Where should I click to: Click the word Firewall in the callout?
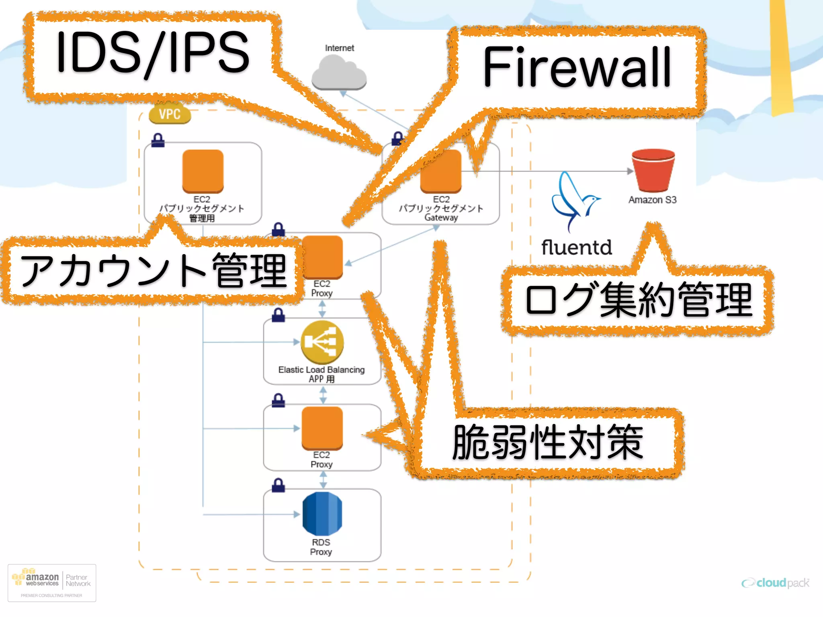pyautogui.click(x=577, y=67)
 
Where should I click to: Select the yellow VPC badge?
pyautogui.click(x=170, y=114)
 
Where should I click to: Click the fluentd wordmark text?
pyautogui.click(x=576, y=247)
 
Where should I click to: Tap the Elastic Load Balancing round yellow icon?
pyautogui.click(x=322, y=342)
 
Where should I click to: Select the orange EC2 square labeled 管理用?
pyautogui.click(x=203, y=171)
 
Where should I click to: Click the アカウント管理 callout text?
pyautogui.click(x=153, y=271)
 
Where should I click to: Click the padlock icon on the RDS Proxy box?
pyautogui.click(x=278, y=485)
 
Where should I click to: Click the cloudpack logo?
pyautogui.click(x=776, y=583)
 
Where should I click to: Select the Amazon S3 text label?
pyautogui.click(x=652, y=200)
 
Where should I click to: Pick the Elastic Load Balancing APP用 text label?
pyautogui.click(x=321, y=374)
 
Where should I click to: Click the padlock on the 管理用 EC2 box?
pyautogui.click(x=158, y=140)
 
